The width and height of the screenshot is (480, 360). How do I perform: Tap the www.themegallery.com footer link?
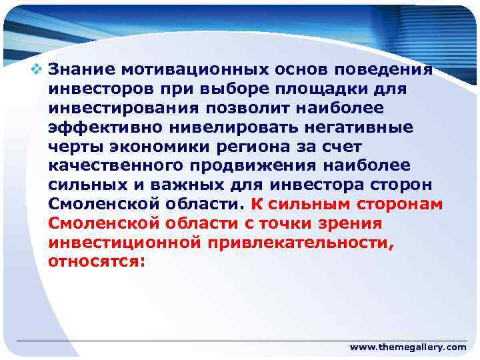pyautogui.click(x=408, y=347)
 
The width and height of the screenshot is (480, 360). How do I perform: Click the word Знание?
pyautogui.click(x=79, y=69)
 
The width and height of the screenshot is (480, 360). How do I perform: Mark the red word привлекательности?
pyautogui.click(x=300, y=242)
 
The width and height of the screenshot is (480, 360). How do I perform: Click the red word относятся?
pyautogui.click(x=95, y=261)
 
